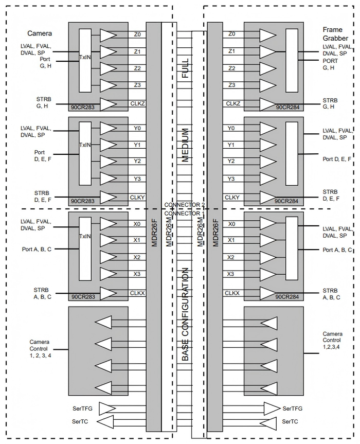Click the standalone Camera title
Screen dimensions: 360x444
(x=40, y=33)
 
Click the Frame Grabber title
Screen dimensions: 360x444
(x=335, y=34)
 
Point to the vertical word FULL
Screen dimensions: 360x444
(x=185, y=68)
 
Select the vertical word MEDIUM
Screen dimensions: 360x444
(x=185, y=145)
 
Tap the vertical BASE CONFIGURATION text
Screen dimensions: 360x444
(x=185, y=314)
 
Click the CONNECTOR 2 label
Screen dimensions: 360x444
(x=185, y=205)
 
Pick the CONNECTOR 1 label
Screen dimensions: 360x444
(x=185, y=213)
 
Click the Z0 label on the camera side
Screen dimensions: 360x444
(x=137, y=34)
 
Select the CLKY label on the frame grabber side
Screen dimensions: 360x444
(x=232, y=198)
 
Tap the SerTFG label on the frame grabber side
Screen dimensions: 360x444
(x=292, y=409)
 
